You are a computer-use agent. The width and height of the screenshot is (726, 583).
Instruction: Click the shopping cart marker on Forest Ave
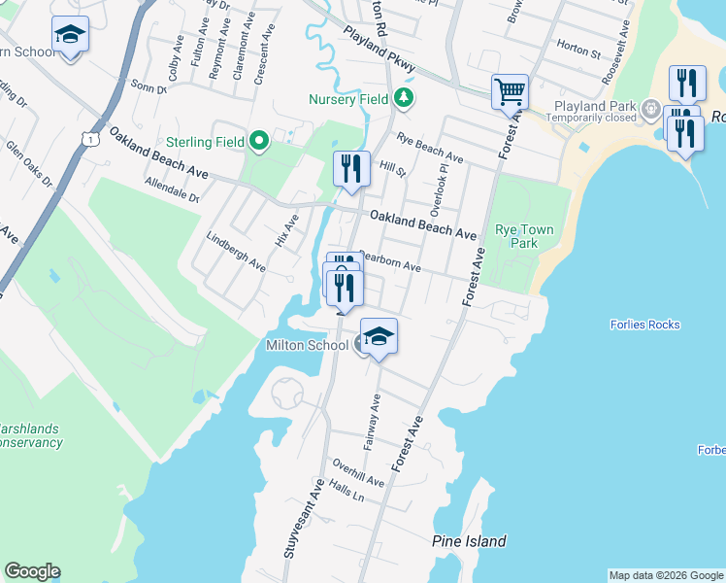pyautogui.click(x=510, y=93)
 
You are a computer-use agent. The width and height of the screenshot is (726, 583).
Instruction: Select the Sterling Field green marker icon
pyautogui.click(x=259, y=142)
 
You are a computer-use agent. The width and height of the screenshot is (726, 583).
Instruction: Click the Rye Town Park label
pyautogui.click(x=524, y=237)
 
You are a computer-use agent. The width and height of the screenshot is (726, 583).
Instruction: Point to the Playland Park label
pyautogui.click(x=593, y=106)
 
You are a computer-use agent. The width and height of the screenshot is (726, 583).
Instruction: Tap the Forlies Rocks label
pyautogui.click(x=645, y=325)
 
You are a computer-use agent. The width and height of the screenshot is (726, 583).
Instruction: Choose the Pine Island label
pyautogui.click(x=469, y=541)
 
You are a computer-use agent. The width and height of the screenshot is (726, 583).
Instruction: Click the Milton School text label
pyautogui.click(x=307, y=345)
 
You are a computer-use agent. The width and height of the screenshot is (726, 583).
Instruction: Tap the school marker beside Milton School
pyautogui.click(x=379, y=335)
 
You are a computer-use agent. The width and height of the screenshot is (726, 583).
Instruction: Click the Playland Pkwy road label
pyautogui.click(x=379, y=47)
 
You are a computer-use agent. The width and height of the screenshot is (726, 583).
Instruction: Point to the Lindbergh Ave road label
pyautogui.click(x=236, y=252)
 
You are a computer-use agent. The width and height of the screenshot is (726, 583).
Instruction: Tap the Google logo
pyautogui.click(x=32, y=571)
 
